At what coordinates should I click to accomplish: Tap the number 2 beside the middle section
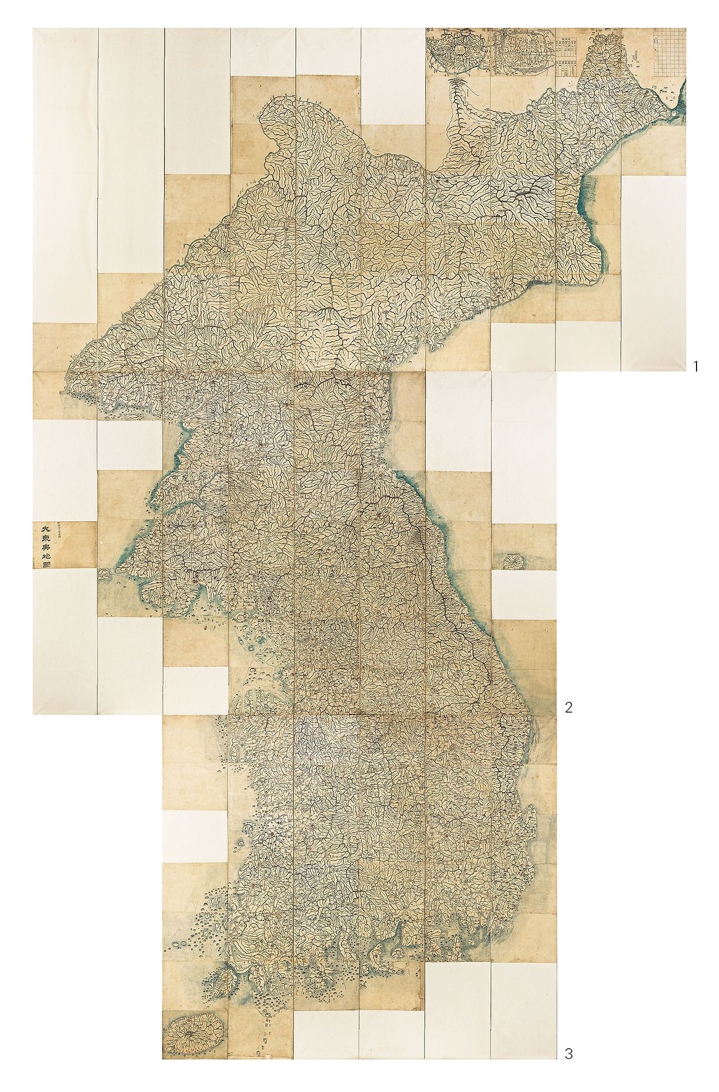coord(568,708)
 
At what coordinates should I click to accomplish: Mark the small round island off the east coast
coord(512,560)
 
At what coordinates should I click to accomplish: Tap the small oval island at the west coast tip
coord(104,574)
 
